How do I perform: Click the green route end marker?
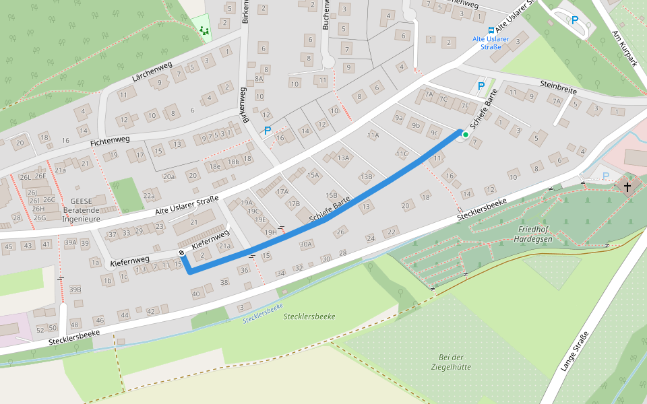466,135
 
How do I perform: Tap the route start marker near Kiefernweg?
182,252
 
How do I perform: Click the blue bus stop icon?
491,30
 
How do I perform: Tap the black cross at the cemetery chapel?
628,186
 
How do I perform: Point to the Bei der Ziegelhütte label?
451,362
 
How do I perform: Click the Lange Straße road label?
574,351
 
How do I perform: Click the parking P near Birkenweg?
268,131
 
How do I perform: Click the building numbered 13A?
344,158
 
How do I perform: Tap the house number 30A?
306,244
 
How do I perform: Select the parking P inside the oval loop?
575,20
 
